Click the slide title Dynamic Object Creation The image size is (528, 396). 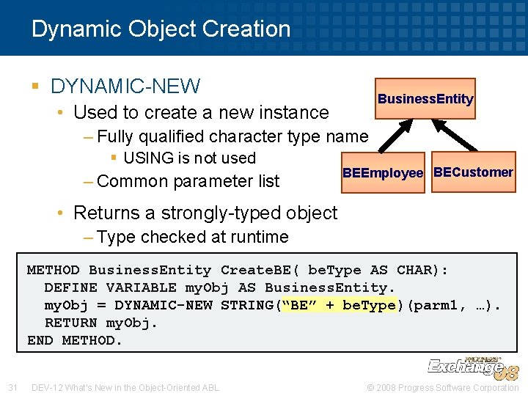coord(161,29)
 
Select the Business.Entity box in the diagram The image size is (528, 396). coord(425,99)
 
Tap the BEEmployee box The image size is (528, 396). coord(383,173)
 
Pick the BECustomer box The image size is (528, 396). coord(473,172)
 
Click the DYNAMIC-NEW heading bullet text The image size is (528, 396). coord(125,87)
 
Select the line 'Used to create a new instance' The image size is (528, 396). coord(201,112)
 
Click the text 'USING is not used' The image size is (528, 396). coord(189,158)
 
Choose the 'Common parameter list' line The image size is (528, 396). coord(188,181)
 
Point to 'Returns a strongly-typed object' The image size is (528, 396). coord(205,213)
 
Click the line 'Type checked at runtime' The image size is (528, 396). coord(192,237)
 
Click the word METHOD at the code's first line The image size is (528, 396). coord(53,271)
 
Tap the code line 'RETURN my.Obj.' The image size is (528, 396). coord(101,323)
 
